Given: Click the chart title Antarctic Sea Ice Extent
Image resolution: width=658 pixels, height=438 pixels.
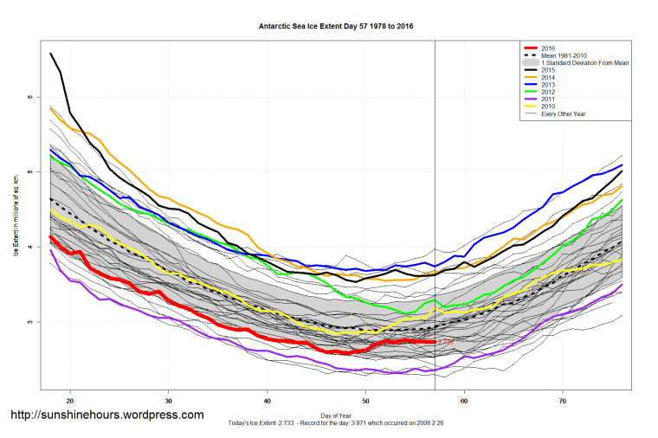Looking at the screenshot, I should pos(336,26).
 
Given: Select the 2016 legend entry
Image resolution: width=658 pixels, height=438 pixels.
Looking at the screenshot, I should pos(546,48).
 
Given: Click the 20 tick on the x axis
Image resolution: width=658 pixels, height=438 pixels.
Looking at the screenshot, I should pos(70,402).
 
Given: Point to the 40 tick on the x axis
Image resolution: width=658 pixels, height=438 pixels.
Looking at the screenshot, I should pos(268,402).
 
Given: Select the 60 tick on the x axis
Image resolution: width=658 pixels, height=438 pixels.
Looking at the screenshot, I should pos(465,402).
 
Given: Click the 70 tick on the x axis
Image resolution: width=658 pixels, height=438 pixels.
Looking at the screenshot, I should pos(564,402).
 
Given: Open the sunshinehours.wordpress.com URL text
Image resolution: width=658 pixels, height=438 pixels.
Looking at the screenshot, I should pos(107,415).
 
